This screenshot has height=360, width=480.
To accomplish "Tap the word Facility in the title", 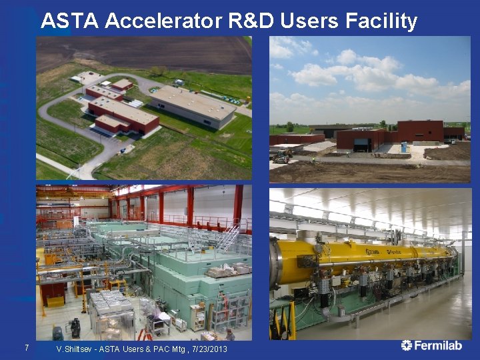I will (381, 21).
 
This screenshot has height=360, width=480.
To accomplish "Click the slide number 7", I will (26, 347).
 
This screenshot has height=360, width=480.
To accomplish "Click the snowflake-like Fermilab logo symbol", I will (407, 345).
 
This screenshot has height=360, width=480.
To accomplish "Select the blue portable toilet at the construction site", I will (403, 147).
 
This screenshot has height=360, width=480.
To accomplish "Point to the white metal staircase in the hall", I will (228, 237).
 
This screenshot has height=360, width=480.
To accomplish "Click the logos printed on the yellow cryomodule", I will (381, 251).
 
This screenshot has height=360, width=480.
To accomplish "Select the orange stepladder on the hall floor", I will (145, 333).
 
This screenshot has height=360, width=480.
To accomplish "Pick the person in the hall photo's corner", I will (230, 334).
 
